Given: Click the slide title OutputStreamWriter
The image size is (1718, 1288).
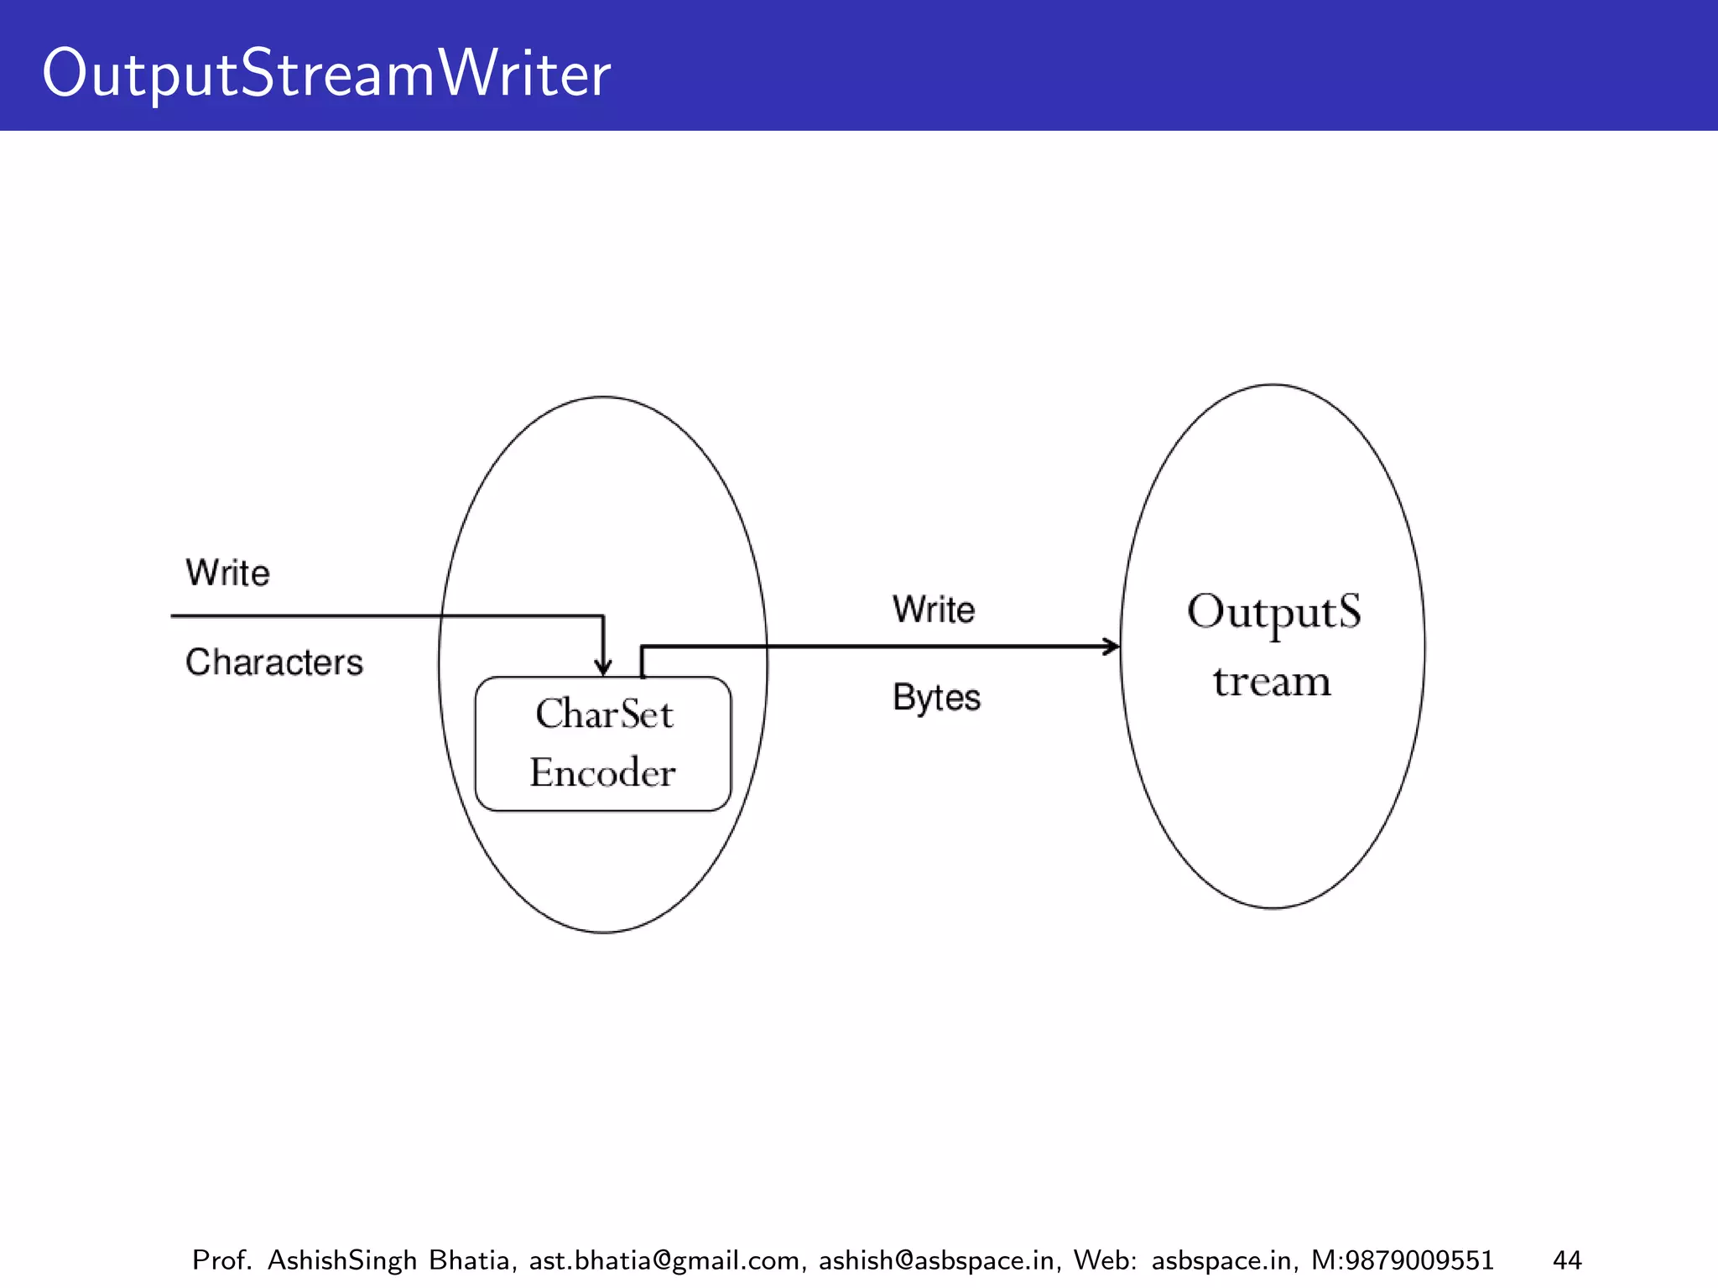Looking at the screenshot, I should coord(325,74).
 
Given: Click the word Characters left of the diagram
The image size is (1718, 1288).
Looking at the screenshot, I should coord(274,662).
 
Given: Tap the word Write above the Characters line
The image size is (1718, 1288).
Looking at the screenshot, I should coord(227,574).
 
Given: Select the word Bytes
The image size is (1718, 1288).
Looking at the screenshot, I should coord(936,698).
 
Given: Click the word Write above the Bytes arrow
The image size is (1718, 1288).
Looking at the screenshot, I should coord(934,610).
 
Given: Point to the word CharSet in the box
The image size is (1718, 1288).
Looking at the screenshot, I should coord(604,714).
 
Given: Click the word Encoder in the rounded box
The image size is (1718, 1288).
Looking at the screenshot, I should coord(602,772).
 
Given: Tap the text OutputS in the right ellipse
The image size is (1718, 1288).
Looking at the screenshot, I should coord(1273,612).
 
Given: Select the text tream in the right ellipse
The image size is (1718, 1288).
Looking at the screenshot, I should coord(1272,682).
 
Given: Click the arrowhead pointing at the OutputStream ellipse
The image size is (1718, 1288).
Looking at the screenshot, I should coord(1112,647).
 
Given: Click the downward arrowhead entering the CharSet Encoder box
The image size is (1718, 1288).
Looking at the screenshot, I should coord(603,668).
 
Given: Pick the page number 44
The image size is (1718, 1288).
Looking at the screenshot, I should coord(1567,1260).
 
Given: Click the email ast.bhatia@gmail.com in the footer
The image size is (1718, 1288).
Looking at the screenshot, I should coord(664,1260).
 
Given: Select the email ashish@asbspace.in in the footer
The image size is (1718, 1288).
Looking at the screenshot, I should coord(936,1260).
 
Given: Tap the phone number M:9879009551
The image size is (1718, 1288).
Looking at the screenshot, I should coord(1402,1260).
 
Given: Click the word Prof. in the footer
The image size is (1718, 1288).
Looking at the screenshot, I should coord(221,1260).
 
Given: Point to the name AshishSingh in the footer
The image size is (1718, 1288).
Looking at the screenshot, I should coord(341,1260).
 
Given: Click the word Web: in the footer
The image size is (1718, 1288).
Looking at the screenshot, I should coord(1104,1260).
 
